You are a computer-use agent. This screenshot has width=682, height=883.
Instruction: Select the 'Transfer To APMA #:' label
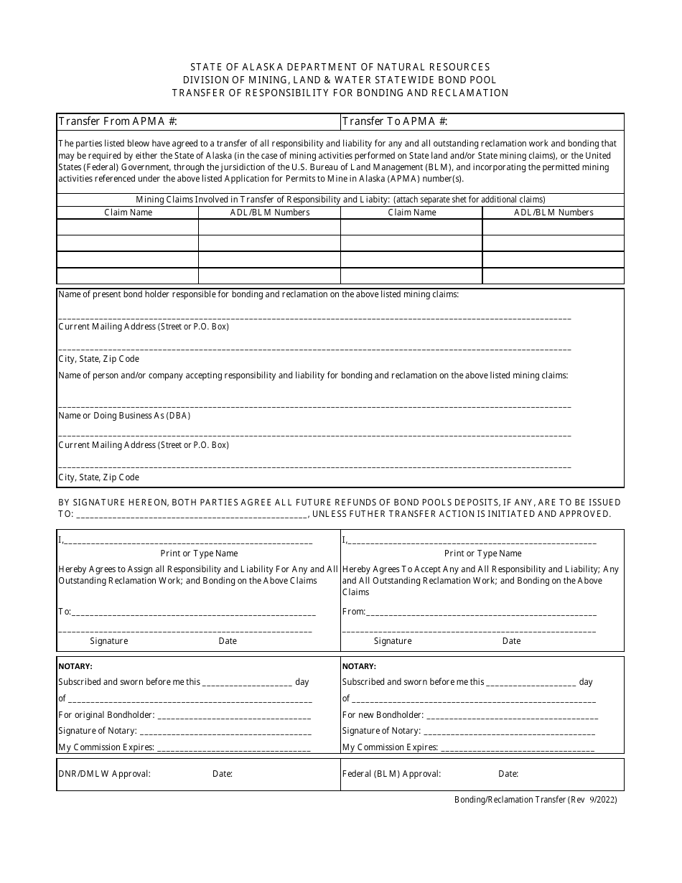point(396,121)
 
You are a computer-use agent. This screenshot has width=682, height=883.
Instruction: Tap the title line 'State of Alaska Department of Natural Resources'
point(340,67)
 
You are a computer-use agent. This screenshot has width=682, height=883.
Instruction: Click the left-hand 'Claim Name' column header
point(128,212)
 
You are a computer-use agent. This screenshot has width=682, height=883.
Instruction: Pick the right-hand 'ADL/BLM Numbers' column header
point(553,212)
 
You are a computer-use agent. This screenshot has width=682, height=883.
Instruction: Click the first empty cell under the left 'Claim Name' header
point(128,227)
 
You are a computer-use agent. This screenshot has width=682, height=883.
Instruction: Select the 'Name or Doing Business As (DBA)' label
point(124,416)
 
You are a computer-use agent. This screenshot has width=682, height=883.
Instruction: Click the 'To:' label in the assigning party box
point(65,612)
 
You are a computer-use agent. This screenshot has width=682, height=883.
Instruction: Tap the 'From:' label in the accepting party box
point(354,612)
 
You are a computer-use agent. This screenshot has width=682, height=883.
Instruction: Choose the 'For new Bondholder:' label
point(383,715)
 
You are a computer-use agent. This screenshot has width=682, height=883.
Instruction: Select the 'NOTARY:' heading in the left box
point(75,666)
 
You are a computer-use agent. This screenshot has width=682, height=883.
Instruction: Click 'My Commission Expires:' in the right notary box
point(390,747)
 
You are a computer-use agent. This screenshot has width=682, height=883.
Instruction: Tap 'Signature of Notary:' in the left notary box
point(97,731)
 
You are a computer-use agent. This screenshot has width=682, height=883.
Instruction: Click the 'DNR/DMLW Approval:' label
point(104,774)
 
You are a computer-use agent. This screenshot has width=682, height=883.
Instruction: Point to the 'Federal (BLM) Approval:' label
point(391,774)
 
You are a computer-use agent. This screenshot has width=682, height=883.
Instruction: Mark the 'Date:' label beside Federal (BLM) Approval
point(508,774)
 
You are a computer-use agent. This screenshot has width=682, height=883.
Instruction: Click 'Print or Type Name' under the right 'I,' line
point(482,553)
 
